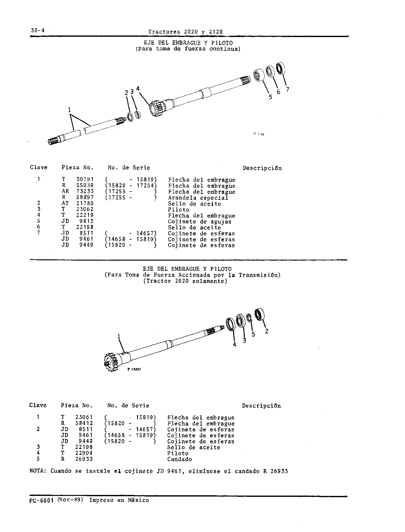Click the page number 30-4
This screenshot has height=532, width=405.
click(x=38, y=30)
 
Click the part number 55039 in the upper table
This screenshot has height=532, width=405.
click(x=85, y=186)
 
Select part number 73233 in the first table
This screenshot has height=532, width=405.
click(x=85, y=192)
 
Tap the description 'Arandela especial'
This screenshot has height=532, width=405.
click(x=198, y=198)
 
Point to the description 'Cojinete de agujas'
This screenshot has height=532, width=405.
click(x=200, y=222)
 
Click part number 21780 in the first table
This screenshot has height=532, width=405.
click(x=85, y=203)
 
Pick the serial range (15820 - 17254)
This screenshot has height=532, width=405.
click(x=131, y=186)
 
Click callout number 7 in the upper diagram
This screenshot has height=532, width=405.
click(x=287, y=89)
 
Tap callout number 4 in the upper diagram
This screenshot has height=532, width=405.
click(x=138, y=89)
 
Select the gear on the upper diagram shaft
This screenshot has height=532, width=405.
click(x=157, y=109)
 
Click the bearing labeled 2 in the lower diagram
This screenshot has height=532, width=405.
click(x=259, y=314)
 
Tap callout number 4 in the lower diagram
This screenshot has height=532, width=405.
click(x=234, y=345)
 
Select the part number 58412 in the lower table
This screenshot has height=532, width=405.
click(x=84, y=423)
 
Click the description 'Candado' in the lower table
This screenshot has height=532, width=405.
click(x=179, y=459)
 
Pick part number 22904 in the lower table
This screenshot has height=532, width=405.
click(x=84, y=453)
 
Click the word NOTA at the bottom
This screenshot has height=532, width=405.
click(x=38, y=471)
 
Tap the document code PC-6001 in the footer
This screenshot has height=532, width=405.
click(x=41, y=500)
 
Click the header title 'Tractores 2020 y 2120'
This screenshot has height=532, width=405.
click(x=185, y=32)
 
